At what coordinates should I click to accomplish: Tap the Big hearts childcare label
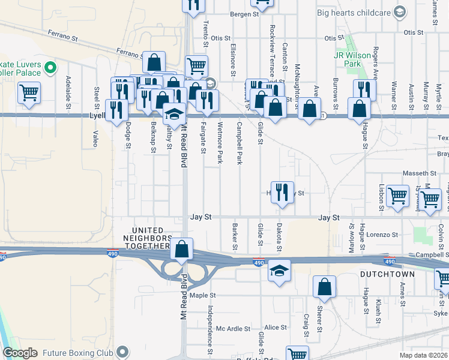359,12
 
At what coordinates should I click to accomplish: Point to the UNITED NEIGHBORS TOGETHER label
143,238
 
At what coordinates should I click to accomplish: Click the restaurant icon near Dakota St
282,193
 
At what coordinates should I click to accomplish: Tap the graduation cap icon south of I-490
279,271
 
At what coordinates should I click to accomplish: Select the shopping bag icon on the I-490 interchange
181,248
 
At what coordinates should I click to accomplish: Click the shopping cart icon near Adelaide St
29,93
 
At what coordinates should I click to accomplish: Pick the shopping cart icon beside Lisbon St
397,196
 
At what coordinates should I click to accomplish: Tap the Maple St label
202,295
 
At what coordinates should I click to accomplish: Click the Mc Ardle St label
233,328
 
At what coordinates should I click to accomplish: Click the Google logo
20,353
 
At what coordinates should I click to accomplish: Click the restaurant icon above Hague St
364,90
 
